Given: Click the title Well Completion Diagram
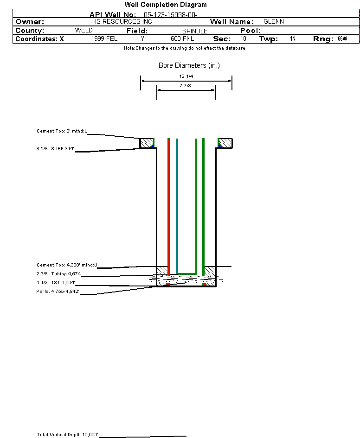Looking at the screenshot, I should pos(166,5).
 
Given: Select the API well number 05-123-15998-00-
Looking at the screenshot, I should pos(171,15).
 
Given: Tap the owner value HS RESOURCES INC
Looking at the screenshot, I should pos(122,22).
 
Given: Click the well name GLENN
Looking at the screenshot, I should pos(274,22).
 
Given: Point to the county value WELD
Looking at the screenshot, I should pos(84,31).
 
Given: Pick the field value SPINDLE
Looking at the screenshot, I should pos(195,31).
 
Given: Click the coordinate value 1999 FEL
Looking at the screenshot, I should pos(105,39).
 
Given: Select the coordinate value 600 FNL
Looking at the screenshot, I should pos(182,39).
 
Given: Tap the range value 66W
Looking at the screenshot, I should pos(342,39).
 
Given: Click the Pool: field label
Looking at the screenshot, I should pos(251,31).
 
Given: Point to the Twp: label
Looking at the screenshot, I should pos(269,39).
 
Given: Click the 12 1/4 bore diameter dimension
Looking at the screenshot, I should pos(186,76).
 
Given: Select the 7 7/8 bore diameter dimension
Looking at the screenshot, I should pos(186,86).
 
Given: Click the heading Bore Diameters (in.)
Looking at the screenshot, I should pos(189,65).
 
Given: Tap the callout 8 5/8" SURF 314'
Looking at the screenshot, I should pos(56,149).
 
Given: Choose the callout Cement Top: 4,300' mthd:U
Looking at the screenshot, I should pos(67,265).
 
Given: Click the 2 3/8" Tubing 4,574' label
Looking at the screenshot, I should pos(59,274).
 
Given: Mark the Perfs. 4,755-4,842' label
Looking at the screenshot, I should pos(58,292).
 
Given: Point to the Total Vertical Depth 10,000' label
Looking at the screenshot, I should pos(68,435).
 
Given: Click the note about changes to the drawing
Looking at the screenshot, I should pos(185,48).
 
